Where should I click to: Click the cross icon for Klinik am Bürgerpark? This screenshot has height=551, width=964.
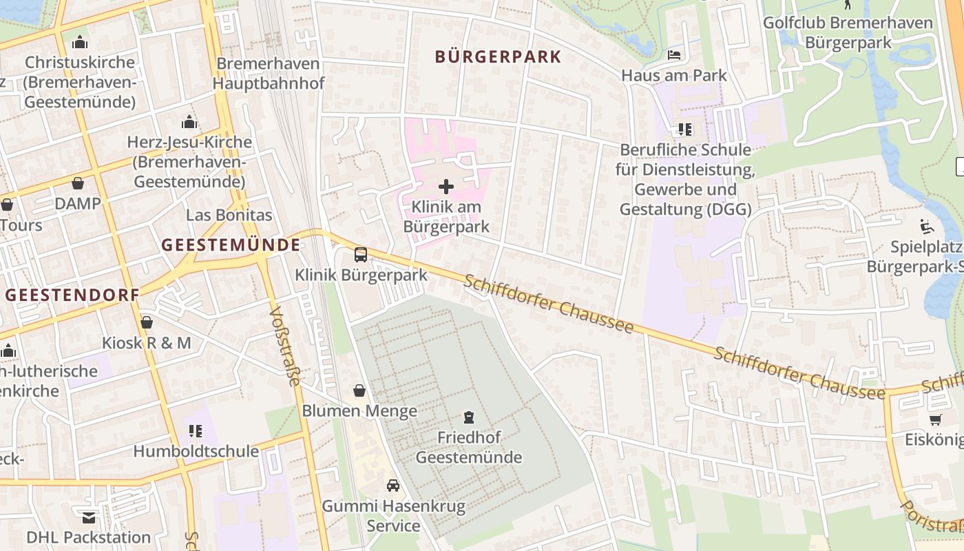point(446,186)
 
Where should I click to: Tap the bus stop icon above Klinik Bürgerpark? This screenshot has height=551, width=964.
point(361,255)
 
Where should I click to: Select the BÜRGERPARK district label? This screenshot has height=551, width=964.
point(498,56)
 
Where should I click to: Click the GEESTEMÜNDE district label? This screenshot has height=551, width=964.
point(231,245)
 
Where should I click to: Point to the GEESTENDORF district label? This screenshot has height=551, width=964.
point(72,295)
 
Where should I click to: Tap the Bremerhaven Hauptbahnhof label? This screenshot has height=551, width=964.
point(268,74)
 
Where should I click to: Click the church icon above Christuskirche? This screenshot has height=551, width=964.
point(80,42)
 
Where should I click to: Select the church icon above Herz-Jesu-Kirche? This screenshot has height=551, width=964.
point(189,123)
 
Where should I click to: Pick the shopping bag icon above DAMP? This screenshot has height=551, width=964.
point(78,183)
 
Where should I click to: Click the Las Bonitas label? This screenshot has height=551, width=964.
point(229,215)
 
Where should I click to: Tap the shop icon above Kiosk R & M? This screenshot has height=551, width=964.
point(147,322)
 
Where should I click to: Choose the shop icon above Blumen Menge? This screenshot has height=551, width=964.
point(359,391)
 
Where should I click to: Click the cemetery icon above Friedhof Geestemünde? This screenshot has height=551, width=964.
point(469,417)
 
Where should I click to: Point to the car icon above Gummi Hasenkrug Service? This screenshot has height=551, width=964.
point(393,486)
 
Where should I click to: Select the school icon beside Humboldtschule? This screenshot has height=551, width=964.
point(196,431)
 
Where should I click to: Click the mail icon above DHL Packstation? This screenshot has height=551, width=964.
point(88,517)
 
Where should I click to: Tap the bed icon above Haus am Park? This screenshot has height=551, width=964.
point(674,54)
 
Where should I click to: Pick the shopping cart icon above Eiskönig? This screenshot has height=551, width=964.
point(935,419)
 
